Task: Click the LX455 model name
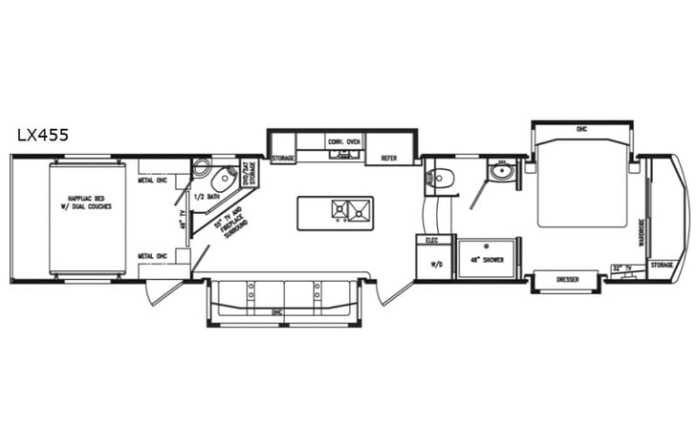(43, 135)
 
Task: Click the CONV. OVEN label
(343, 141)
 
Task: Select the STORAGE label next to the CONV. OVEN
(282, 159)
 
